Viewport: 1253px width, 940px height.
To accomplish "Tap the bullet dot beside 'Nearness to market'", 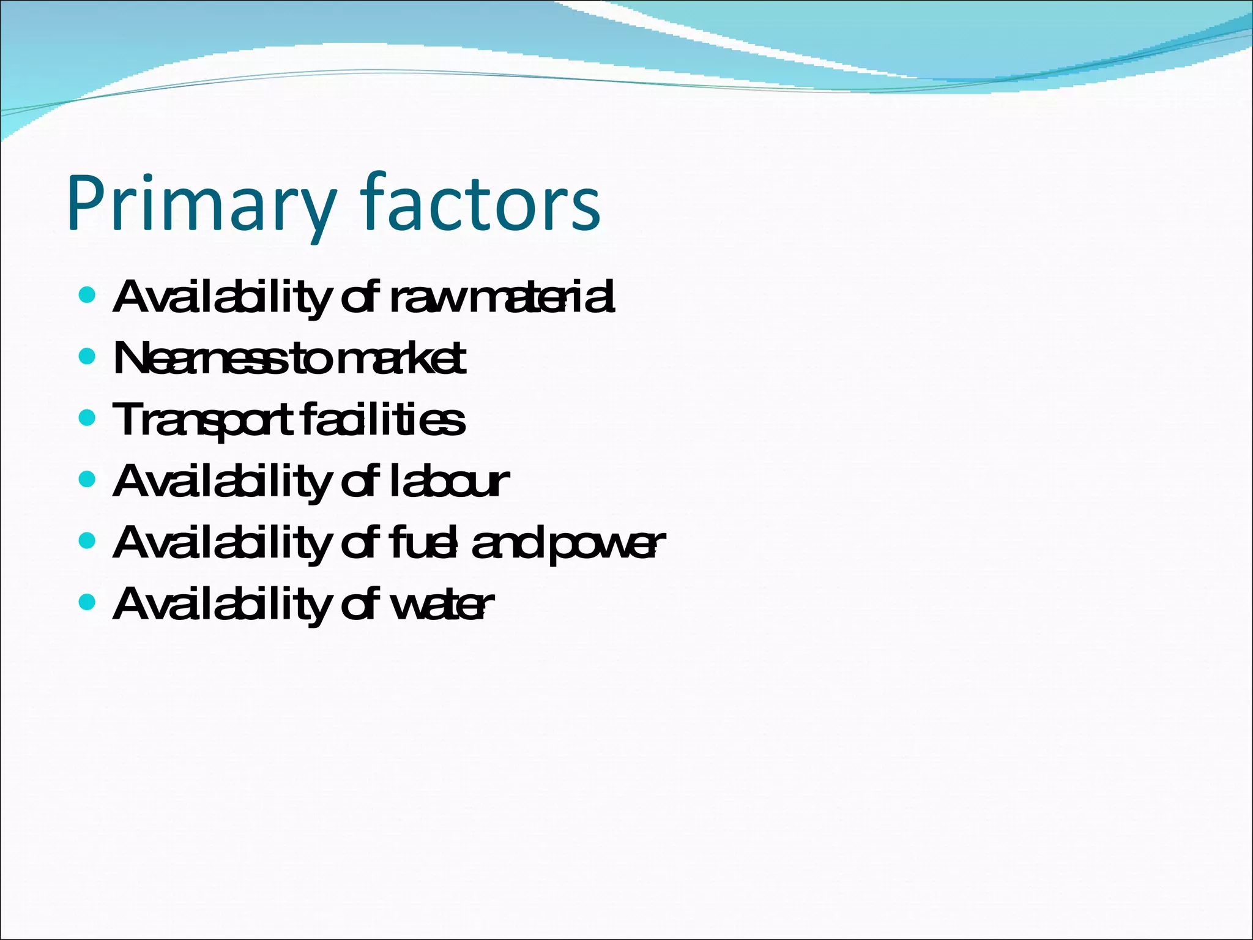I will (87, 356).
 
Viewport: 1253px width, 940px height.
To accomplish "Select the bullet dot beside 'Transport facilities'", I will (87, 418).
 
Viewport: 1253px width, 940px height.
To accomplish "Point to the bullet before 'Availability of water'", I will (87, 602).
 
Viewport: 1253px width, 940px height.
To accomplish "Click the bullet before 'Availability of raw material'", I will (87, 296).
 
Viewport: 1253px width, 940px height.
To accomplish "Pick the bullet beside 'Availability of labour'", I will (87, 479).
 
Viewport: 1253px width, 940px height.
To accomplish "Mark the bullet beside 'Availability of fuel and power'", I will (87, 541).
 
